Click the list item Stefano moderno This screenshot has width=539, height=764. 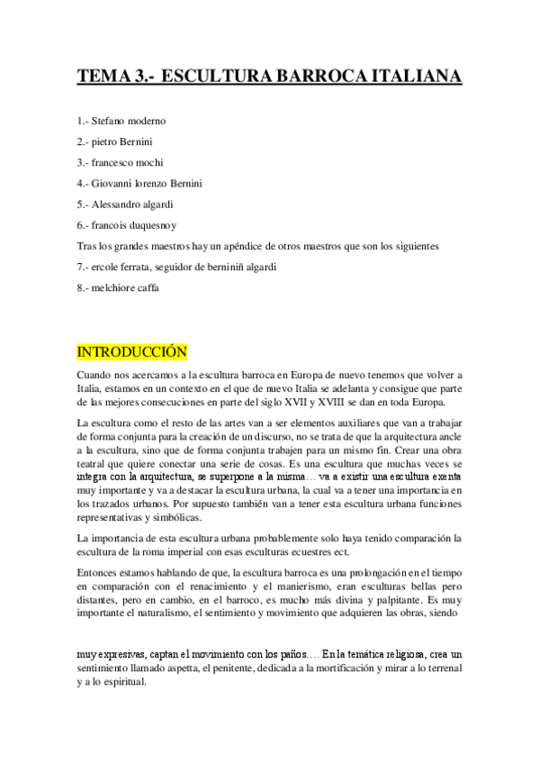click(x=129, y=121)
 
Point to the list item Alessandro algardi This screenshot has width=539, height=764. click(x=133, y=204)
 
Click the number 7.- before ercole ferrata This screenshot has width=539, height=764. click(x=85, y=267)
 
